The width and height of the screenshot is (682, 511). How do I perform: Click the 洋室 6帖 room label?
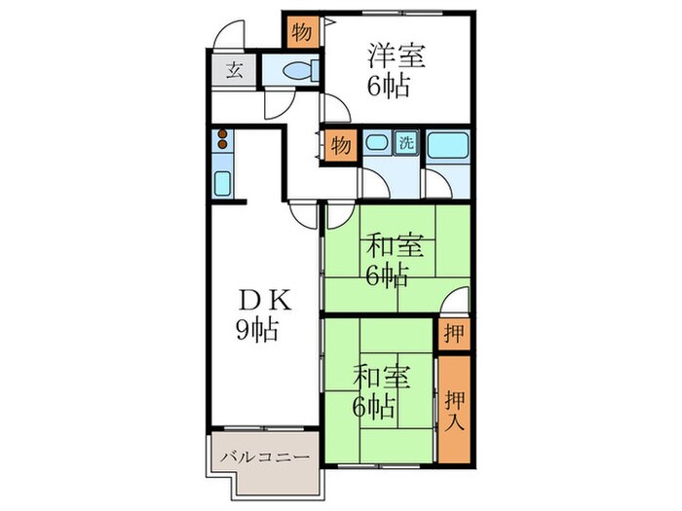(396, 71)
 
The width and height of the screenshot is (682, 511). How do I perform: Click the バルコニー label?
(263, 456)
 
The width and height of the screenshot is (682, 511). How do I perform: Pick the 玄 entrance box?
(236, 70)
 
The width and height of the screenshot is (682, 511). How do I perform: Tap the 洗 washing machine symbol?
(407, 143)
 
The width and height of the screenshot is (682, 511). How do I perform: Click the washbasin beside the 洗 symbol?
(377, 144)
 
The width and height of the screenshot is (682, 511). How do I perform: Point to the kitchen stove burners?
(222, 140)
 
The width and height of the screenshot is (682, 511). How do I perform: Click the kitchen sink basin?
(221, 182)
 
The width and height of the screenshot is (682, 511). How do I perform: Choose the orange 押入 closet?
(454, 408)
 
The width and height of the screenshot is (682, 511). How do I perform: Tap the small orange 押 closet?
(453, 334)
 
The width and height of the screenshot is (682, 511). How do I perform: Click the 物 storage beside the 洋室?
(303, 31)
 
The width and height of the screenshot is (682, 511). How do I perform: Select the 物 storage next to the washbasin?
(339, 145)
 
